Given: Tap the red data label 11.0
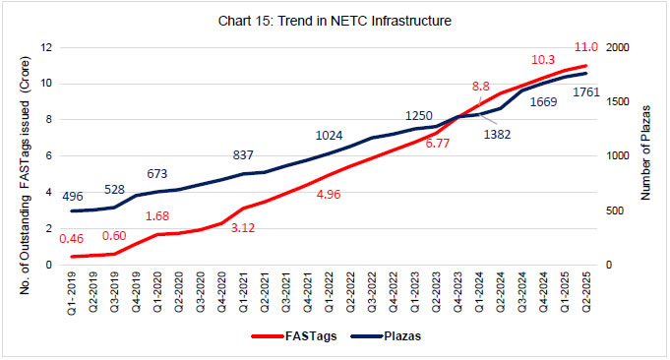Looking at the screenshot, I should tap(585, 47).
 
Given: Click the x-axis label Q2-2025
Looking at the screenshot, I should tap(586, 291).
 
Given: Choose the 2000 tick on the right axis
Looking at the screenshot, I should tap(616, 47).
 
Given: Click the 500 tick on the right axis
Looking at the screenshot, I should tap(613, 210).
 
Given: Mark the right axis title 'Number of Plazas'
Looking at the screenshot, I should tap(647, 157).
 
